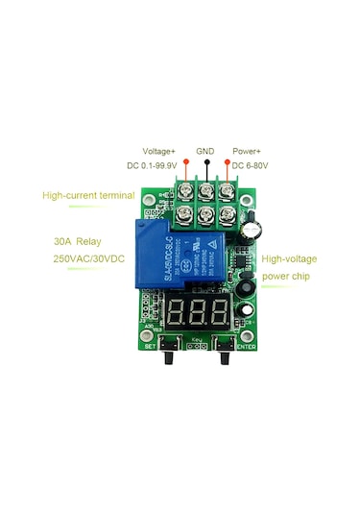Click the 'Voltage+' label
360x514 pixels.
pos(159,151)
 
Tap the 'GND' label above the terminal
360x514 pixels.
pos(205,151)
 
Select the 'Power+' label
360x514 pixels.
pos(248,151)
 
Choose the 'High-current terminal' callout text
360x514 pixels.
pos(88,196)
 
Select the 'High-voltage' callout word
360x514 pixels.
pos(289,259)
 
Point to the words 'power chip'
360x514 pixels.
pos(284,276)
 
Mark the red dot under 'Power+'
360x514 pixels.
pos(228,164)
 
